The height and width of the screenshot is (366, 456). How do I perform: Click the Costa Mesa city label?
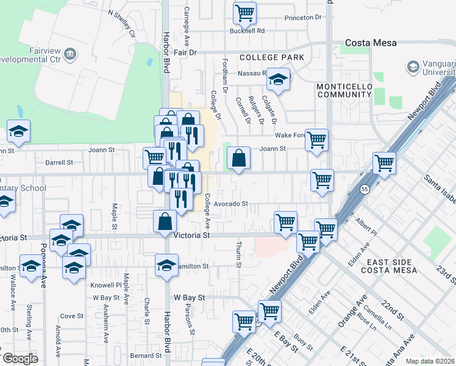click(371, 43)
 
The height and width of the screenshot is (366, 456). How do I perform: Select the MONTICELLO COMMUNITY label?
click(344, 90)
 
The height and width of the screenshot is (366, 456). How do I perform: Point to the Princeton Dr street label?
click(302, 18)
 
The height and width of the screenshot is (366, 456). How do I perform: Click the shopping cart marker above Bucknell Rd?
click(244, 12)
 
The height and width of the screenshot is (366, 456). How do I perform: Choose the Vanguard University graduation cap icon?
click(413, 66)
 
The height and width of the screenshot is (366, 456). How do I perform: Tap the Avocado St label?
click(233, 204)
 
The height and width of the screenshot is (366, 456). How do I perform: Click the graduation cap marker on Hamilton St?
click(166, 265)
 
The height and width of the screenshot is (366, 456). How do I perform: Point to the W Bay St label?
click(187, 297)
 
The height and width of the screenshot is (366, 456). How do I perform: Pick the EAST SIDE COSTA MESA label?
click(388, 265)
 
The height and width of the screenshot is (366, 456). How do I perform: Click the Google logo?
click(20, 359)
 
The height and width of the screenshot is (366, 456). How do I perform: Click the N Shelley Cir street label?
click(121, 22)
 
